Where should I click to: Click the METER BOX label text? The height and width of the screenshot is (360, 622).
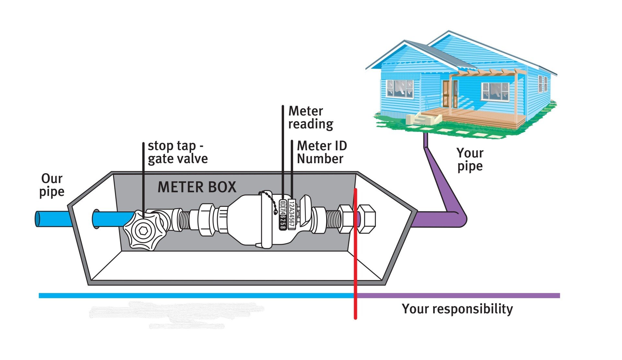point(197,187)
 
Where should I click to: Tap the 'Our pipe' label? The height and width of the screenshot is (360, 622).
point(52,185)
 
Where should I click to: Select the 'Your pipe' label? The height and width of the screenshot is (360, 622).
point(470,159)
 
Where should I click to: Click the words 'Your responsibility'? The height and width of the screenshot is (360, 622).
point(457,309)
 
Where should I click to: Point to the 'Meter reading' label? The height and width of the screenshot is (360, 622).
point(310,118)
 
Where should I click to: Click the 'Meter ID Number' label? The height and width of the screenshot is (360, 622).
point(321,152)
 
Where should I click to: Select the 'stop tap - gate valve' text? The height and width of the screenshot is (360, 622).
point(177,152)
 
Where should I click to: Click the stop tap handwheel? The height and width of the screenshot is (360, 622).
point(143,230)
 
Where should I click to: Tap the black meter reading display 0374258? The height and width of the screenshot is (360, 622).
point(282,215)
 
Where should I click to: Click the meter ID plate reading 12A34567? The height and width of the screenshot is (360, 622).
point(291,215)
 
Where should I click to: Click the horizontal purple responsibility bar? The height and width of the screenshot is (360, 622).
point(457,295)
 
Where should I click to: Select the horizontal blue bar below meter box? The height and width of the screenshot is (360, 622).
point(194,295)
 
